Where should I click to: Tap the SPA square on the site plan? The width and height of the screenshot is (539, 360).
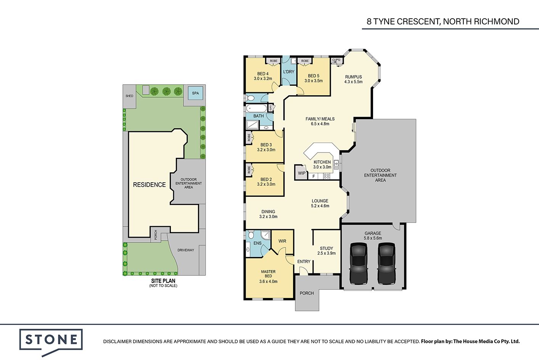(195, 93)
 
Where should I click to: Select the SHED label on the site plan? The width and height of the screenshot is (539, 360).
(129, 96)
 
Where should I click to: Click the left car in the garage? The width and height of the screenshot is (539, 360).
(358, 263)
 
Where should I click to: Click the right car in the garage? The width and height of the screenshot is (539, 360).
(386, 263)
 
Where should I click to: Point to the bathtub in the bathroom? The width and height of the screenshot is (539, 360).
(256, 108)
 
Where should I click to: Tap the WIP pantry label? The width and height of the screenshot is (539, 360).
(301, 173)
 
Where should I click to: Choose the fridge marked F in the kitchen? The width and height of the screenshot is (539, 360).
(314, 176)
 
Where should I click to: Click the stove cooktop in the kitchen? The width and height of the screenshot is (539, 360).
(327, 176)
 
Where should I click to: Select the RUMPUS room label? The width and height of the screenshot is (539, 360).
(353, 77)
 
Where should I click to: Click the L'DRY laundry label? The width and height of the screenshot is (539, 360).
(288, 72)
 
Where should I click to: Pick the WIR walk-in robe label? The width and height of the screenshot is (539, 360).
(282, 241)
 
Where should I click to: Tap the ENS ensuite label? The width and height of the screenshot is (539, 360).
(257, 243)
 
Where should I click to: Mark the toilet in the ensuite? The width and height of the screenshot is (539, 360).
(251, 234)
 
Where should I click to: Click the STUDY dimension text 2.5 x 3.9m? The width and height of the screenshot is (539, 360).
(326, 253)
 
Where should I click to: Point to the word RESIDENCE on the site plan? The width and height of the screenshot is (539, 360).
(150, 185)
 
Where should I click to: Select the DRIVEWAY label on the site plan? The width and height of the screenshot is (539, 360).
(186, 250)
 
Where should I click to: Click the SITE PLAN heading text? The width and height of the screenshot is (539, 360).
(163, 281)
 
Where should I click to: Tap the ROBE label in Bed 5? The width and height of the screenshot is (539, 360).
(305, 61)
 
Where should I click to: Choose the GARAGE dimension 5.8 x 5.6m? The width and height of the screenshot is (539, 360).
(373, 238)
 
